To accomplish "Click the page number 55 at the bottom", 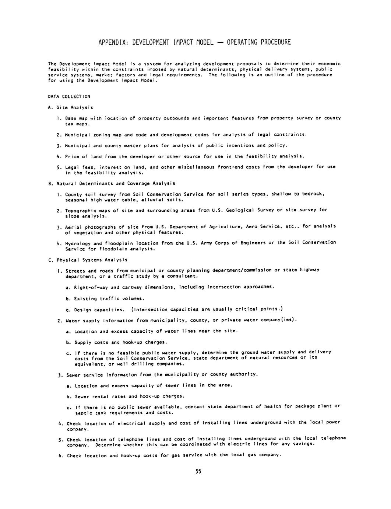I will coord(198,471).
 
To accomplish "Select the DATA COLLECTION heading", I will coord(69,97).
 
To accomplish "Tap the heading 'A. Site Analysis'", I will coord(70,107).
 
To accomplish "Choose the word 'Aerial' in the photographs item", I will coord(73,227).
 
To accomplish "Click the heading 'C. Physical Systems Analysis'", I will coord(88,260).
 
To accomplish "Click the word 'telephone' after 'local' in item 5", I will coord(334,438).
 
